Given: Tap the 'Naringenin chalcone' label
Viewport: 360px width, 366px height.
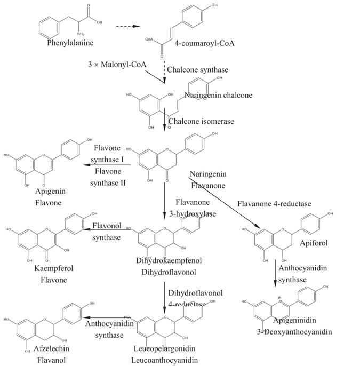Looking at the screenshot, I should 218,96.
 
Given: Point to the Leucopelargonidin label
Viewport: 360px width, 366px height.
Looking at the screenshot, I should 166,349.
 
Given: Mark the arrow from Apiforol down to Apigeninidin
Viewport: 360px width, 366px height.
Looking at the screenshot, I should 276,273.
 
